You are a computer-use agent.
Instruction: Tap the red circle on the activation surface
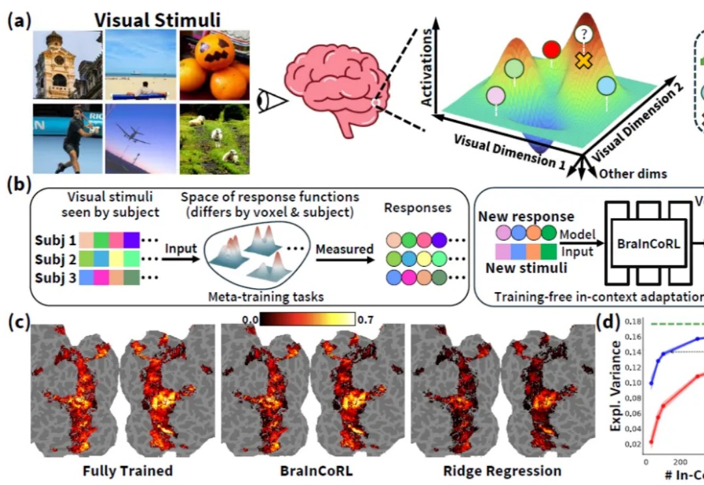[x=551, y=50]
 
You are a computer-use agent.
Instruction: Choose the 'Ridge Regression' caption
[x=502, y=469]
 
